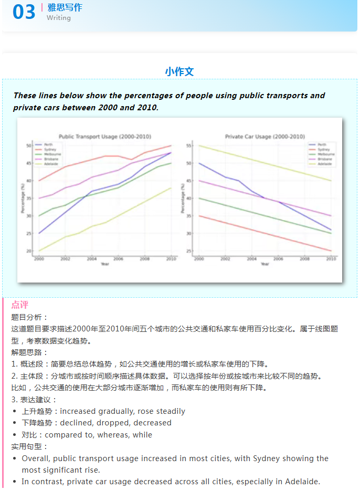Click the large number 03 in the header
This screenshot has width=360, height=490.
click(x=24, y=12)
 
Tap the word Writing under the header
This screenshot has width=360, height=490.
click(x=58, y=18)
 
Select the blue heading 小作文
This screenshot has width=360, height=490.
click(x=179, y=71)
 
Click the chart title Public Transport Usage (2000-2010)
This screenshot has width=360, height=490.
click(x=105, y=137)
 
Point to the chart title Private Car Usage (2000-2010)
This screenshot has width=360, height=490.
click(x=265, y=137)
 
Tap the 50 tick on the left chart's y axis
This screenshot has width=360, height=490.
click(x=29, y=145)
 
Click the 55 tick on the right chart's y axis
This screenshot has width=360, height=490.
click(x=189, y=145)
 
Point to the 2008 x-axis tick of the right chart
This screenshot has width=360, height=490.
click(x=304, y=259)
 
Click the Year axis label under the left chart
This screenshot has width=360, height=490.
click(x=105, y=264)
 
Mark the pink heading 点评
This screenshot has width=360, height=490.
click(x=20, y=305)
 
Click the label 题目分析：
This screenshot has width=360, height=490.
click(x=29, y=317)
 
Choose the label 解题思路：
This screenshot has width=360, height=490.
click(x=29, y=352)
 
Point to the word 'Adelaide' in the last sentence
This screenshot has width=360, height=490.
click(x=301, y=482)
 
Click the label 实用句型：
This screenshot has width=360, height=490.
click(x=29, y=446)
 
